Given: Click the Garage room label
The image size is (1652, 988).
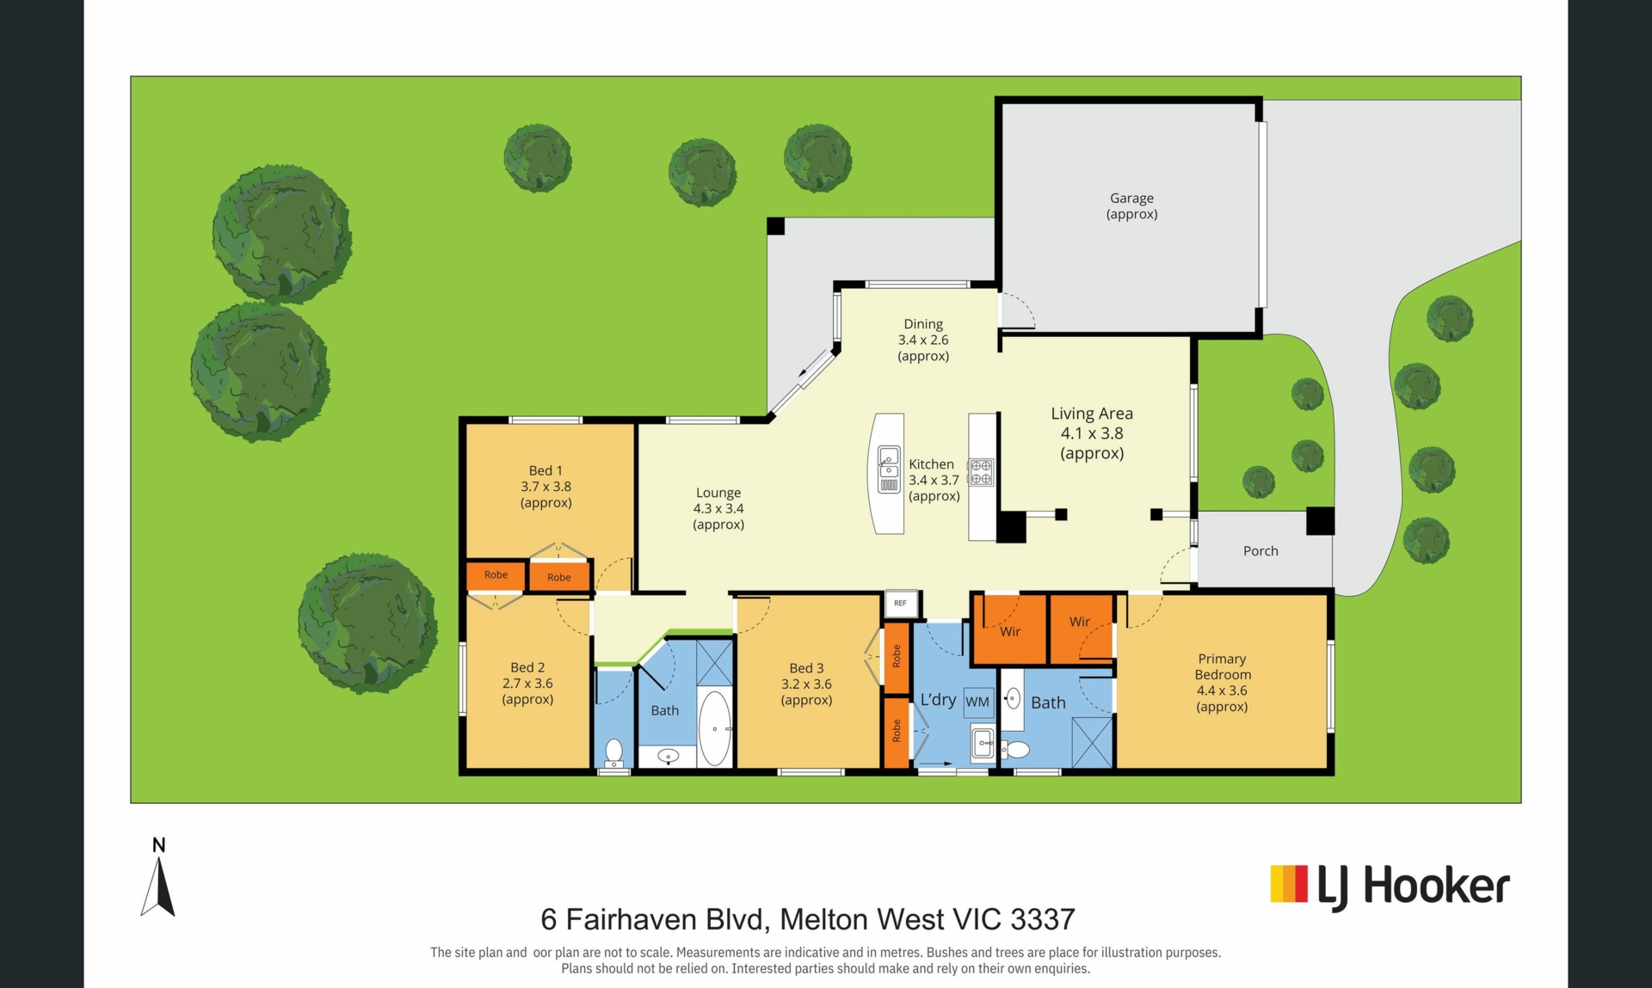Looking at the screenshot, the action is [x=1131, y=206].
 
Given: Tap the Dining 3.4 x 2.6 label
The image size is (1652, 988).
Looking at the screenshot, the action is [x=923, y=340].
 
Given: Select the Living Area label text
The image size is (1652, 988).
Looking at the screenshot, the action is [x=1092, y=433].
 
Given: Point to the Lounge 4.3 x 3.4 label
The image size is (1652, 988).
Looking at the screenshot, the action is [x=718, y=508].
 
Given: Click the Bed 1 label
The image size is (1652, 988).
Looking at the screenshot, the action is [x=546, y=487].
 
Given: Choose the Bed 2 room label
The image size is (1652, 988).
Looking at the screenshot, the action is [x=527, y=684].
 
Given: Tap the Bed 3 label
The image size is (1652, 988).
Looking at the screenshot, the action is [x=806, y=684].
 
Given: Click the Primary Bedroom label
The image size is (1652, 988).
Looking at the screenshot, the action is [x=1222, y=683].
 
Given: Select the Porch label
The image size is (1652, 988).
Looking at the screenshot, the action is [x=1261, y=551].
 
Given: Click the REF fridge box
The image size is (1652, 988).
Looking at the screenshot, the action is [x=900, y=603].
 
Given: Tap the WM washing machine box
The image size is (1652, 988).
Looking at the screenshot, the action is [x=977, y=702].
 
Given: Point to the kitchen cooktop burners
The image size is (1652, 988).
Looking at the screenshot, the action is [x=981, y=472].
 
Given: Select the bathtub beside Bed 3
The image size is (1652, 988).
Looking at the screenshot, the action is [x=714, y=728].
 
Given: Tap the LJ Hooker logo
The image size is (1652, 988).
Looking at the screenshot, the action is [x=1390, y=887].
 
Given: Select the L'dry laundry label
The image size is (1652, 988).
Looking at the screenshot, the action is [x=938, y=700].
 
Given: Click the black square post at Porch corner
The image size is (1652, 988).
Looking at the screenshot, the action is [x=1320, y=521].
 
